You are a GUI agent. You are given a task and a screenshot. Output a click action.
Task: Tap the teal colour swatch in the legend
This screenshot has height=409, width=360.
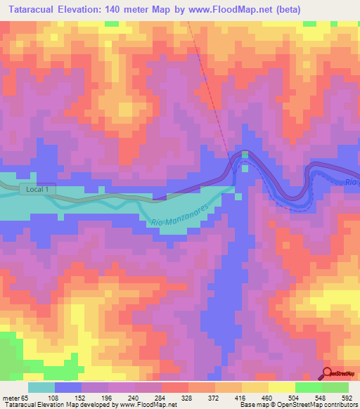41,388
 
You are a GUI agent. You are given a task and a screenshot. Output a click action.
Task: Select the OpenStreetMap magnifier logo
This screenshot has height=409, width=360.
328,373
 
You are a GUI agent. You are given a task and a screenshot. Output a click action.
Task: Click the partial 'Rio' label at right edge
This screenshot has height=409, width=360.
352,183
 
